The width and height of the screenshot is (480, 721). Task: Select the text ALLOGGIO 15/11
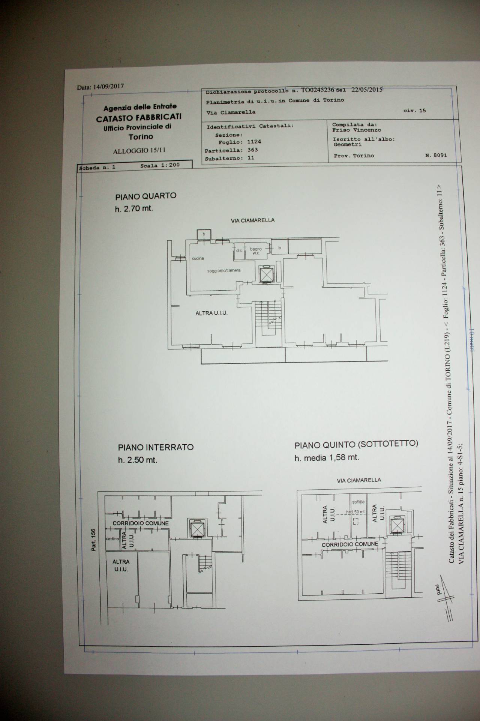139,151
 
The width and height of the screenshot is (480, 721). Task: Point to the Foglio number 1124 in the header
254,142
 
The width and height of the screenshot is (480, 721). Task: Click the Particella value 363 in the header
252,150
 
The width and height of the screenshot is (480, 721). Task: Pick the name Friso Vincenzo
351,130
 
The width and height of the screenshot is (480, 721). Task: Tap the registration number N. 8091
436,155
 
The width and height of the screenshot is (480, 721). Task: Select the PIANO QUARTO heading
145,196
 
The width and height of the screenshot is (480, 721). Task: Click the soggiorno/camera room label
224,270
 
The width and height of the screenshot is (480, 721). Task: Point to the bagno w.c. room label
256,251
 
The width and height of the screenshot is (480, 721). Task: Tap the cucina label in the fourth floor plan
198,258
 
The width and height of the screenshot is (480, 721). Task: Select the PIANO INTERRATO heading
156,447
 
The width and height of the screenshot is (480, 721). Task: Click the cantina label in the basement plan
112,539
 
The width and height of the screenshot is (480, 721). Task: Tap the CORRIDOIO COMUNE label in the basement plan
141,523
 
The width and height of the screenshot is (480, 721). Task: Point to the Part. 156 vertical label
93,540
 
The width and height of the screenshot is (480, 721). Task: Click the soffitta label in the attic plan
358,502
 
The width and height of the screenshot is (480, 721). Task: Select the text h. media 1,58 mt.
327,458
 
